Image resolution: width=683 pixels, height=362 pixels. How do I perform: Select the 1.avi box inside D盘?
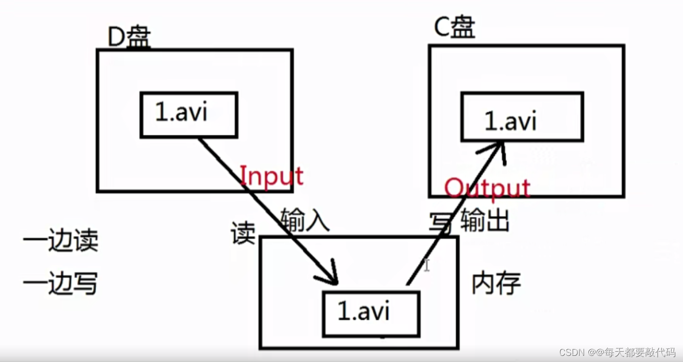tap(188, 115)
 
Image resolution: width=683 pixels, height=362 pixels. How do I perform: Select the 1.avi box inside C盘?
tap(522, 117)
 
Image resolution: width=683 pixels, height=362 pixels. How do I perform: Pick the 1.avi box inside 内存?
tap(371, 314)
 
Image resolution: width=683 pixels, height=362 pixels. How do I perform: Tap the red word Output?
tap(487, 188)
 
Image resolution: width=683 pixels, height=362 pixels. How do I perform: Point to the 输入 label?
tap(305, 221)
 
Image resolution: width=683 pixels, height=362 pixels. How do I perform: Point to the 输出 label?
tap(485, 221)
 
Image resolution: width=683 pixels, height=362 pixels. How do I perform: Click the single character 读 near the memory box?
tap(243, 233)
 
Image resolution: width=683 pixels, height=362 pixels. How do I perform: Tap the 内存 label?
tap(496, 283)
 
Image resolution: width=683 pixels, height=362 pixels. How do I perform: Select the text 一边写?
tap(60, 284)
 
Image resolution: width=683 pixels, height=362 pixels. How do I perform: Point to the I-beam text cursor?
tap(426, 265)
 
